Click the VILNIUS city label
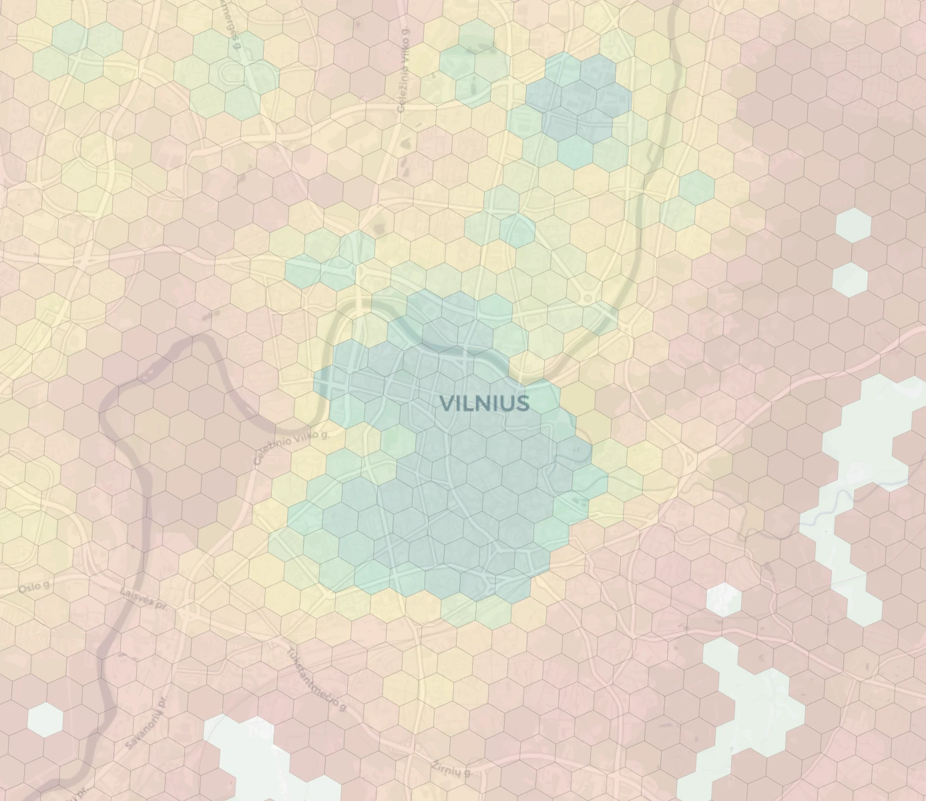(x=485, y=403)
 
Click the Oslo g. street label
(x=34, y=587)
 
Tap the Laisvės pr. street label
(x=144, y=597)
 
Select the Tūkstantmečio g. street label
(x=316, y=679)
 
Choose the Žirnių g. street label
(x=451, y=769)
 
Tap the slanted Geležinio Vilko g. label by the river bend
(x=291, y=448)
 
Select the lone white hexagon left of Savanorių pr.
(x=45, y=720)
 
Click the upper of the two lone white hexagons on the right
(x=853, y=225)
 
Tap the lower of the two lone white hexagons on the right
(x=850, y=279)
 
